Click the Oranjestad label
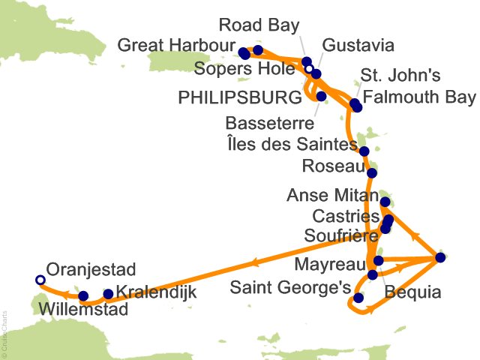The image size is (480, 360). [x=89, y=268]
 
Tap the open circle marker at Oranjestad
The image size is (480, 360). [x=40, y=280]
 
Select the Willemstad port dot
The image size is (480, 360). [x=83, y=296]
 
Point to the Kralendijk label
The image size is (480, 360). [x=157, y=293]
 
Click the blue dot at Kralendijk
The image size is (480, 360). [x=108, y=294]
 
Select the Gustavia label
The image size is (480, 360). [x=357, y=46]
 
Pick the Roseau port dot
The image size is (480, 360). [x=372, y=173]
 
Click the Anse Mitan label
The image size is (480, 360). [x=331, y=196]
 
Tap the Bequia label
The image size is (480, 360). [x=412, y=293]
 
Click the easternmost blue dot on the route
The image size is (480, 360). [x=440, y=258]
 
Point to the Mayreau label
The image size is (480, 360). [x=331, y=264]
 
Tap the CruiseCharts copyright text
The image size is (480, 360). [x=4, y=331]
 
